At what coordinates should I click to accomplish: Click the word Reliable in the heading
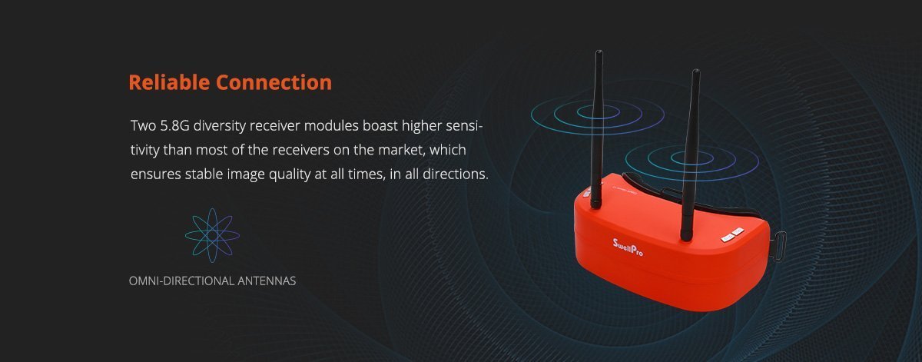click(170, 82)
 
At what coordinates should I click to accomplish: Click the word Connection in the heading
click(274, 82)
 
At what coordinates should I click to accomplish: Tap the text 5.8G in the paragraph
click(175, 125)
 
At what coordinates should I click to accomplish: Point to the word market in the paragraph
click(401, 150)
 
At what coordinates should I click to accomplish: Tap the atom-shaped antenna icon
click(212, 235)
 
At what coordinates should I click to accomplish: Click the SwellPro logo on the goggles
click(628, 247)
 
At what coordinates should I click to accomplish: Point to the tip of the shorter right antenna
click(696, 70)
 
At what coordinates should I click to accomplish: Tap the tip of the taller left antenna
click(599, 51)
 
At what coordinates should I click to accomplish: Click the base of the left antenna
click(596, 204)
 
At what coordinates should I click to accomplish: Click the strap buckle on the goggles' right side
click(780, 246)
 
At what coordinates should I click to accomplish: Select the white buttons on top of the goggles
click(732, 234)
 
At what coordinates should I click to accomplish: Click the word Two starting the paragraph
click(143, 125)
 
